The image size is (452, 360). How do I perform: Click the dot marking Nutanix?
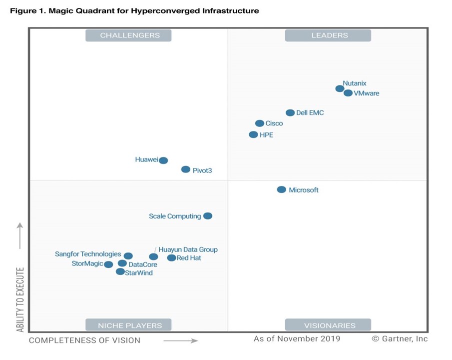pos(340,88)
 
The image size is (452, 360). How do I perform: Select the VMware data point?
pos(348,93)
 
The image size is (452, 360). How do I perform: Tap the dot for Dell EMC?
pos(290,113)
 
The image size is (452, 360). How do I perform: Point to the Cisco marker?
pos(260,123)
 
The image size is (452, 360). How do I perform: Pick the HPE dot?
pos(253,134)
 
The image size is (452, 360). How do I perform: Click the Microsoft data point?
pos(282,189)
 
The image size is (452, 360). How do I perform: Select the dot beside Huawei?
pos(163,160)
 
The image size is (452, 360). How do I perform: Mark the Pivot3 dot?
pos(186,169)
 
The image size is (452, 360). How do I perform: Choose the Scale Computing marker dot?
pos(208,216)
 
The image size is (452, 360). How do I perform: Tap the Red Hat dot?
pos(171,258)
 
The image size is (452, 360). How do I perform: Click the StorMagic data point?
pos(108,264)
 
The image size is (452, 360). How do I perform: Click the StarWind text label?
pos(139,273)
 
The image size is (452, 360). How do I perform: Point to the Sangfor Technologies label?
pos(88,254)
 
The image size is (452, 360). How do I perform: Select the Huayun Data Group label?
pos(188,249)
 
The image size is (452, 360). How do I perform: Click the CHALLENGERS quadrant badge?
pos(128,35)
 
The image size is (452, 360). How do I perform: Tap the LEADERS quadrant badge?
pos(328,35)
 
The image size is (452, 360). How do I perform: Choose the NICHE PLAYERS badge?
pos(128,325)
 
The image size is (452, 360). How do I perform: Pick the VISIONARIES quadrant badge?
pos(328,325)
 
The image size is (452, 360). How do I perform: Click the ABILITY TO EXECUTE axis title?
pos(20,300)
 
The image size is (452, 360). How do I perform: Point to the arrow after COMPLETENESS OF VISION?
pos(180,341)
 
